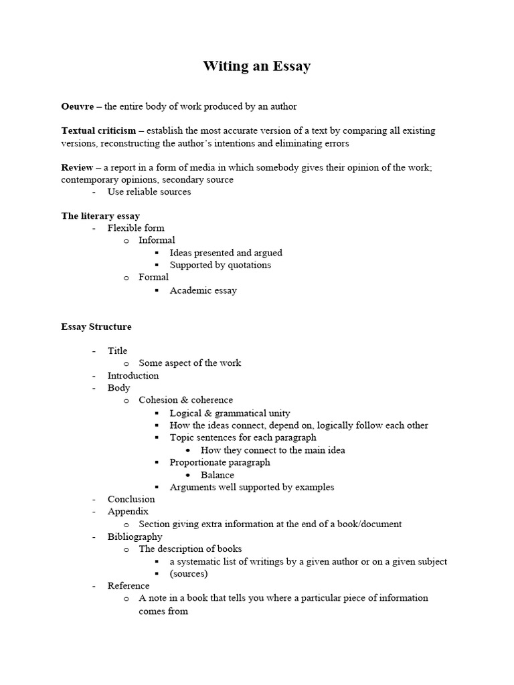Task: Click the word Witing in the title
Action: click(224, 67)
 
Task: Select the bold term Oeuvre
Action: click(78, 106)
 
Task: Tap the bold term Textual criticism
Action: click(98, 131)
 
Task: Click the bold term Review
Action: click(77, 167)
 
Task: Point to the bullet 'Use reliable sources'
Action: click(149, 192)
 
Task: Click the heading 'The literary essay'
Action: click(100, 216)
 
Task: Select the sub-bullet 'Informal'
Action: click(157, 240)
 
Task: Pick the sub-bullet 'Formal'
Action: click(153, 277)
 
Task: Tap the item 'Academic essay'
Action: click(203, 290)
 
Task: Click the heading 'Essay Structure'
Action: click(96, 327)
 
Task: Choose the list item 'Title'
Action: click(117, 351)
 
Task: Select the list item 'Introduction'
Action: click(133, 375)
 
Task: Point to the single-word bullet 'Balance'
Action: click(217, 475)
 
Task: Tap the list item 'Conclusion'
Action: click(131, 499)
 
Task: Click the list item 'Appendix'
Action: click(128, 512)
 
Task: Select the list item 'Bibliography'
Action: click(135, 536)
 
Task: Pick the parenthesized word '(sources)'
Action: click(189, 574)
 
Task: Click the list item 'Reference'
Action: click(128, 586)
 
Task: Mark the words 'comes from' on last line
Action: click(163, 611)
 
